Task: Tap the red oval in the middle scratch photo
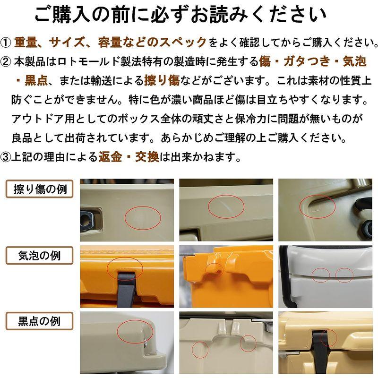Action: (x=226, y=206)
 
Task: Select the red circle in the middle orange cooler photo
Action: (x=215, y=268)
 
